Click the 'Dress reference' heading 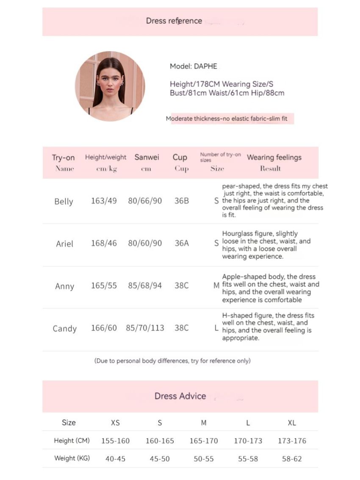click(x=174, y=21)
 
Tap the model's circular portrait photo click(x=110, y=86)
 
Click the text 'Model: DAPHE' click(x=194, y=66)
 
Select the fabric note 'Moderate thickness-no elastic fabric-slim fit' click(x=227, y=119)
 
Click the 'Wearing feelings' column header click(x=274, y=158)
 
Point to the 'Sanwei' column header click(x=147, y=158)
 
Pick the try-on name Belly click(x=64, y=202)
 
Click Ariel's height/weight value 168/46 click(x=104, y=244)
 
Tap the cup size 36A click(x=182, y=244)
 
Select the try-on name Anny click(x=64, y=286)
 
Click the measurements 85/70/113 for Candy click(x=145, y=328)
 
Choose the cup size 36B click(x=182, y=201)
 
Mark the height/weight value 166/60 click(x=104, y=328)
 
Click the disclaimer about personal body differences click(x=172, y=361)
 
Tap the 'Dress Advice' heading click(x=180, y=396)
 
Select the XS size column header click(x=115, y=423)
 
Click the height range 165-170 click(x=204, y=441)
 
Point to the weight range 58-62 click(x=292, y=459)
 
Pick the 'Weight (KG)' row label click(x=72, y=458)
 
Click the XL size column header click(x=292, y=423)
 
